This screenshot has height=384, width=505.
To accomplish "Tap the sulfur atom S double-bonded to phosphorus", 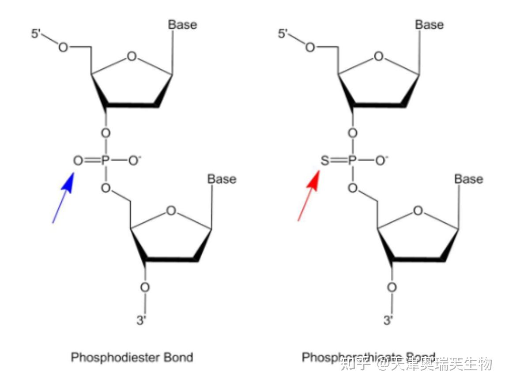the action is click(324, 160).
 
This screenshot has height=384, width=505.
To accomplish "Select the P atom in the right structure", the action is click(352, 160).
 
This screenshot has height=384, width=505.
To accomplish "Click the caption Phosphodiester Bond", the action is click(132, 357).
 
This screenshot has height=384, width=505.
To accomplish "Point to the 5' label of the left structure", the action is click(37, 34).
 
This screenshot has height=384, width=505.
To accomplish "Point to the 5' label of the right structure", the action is click(284, 34).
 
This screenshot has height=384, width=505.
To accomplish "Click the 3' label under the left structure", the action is click(141, 320).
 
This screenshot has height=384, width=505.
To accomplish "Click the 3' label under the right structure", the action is click(388, 320).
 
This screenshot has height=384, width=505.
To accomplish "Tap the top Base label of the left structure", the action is click(182, 25).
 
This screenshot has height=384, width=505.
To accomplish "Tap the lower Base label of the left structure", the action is click(222, 179).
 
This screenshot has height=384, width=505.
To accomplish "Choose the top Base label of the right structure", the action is click(429, 25).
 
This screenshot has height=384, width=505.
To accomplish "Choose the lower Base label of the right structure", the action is click(468, 179).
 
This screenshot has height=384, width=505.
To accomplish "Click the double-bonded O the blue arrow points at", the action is click(78, 160).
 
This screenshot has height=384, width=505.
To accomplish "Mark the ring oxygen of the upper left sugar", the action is click(132, 56).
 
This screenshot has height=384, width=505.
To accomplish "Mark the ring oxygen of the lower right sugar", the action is click(418, 211).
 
